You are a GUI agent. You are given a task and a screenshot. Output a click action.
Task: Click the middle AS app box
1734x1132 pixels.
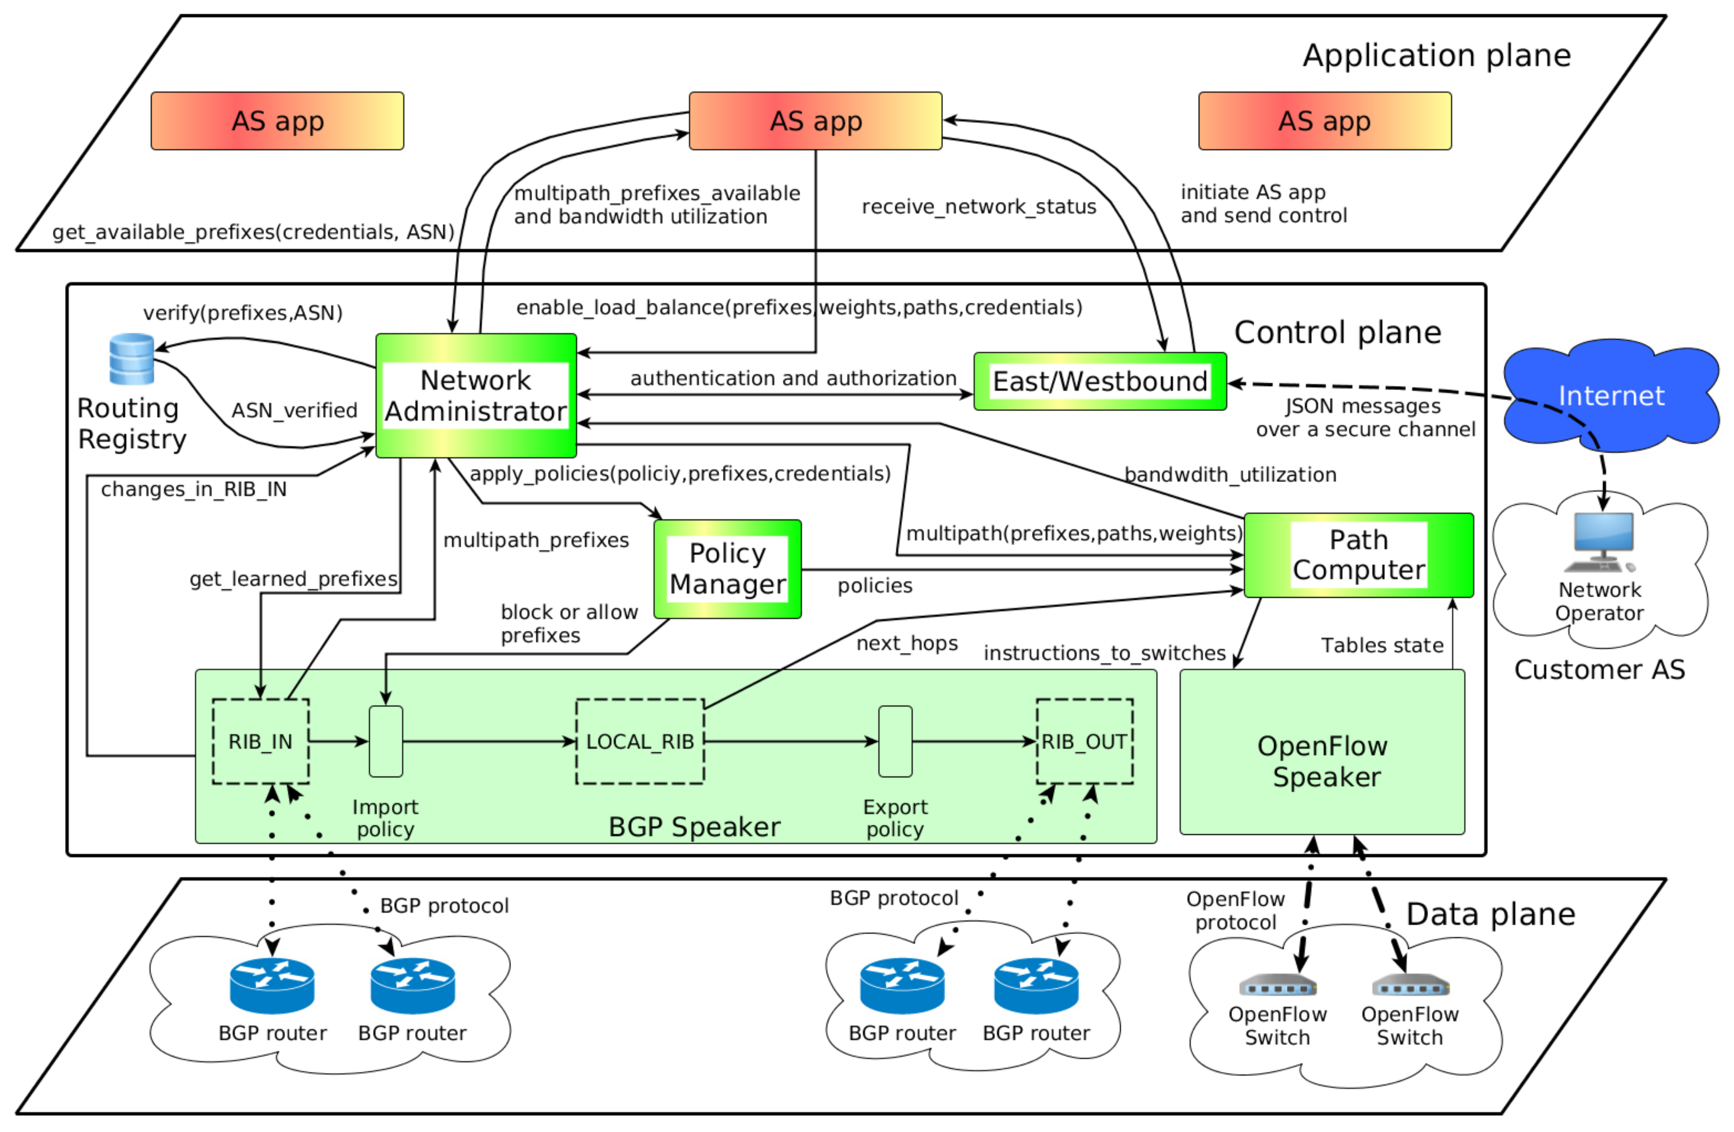815,121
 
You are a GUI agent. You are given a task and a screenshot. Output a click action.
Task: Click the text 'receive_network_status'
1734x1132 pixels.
978,207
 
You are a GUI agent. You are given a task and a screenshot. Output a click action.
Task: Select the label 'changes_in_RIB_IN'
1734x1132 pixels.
194,489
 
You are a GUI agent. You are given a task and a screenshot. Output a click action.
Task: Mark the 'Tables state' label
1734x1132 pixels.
1382,645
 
